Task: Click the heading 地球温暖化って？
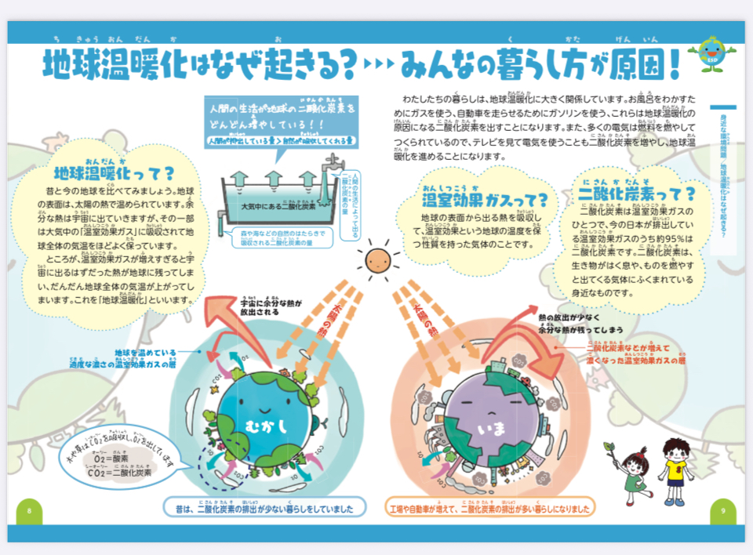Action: (115, 173)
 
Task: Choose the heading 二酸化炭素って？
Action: (636, 193)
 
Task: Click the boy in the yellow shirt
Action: (675, 470)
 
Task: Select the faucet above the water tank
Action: (330, 165)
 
